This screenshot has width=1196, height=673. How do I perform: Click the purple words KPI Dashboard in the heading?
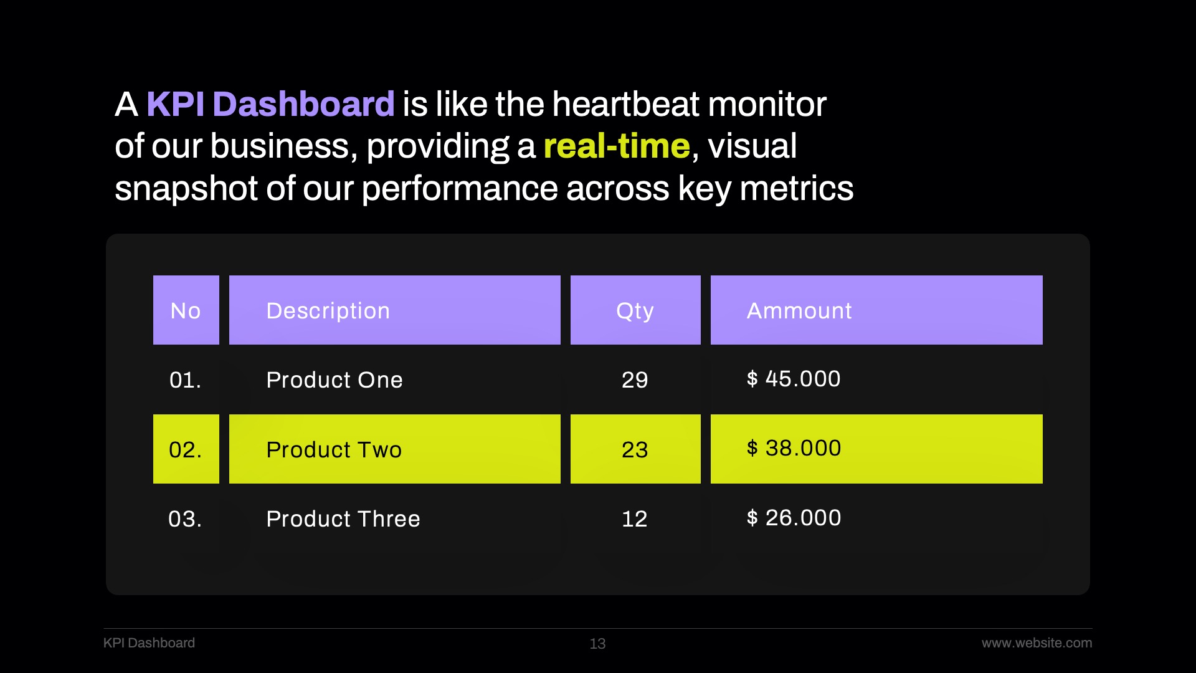click(x=270, y=104)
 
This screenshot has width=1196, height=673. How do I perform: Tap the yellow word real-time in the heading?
click(x=617, y=146)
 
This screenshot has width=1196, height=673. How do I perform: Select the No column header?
click(x=186, y=310)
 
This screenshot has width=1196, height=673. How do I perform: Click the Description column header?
click(x=395, y=310)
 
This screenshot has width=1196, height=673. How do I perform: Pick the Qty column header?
click(x=635, y=310)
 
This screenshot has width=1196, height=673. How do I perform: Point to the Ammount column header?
click(x=876, y=310)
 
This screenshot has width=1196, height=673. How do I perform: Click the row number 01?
click(x=185, y=380)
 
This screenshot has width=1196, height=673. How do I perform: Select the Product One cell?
click(x=335, y=380)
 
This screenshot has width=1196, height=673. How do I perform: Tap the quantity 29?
click(x=635, y=380)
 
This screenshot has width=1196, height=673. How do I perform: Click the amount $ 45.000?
click(x=794, y=379)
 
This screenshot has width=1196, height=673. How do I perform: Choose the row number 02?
click(x=186, y=450)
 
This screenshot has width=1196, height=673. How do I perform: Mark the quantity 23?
click(x=635, y=450)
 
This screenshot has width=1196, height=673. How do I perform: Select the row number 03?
click(x=185, y=519)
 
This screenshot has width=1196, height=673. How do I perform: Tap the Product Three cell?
click(x=343, y=519)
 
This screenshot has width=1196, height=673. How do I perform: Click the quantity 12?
click(x=635, y=519)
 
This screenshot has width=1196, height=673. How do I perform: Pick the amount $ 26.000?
click(x=794, y=518)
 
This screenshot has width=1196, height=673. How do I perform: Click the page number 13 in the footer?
click(x=597, y=644)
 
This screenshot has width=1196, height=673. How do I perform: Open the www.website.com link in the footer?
click(x=1037, y=643)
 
